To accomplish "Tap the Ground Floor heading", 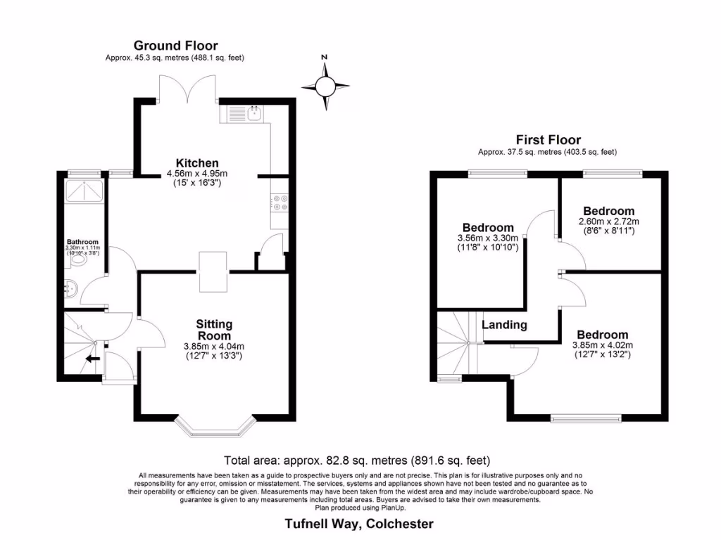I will (175, 46).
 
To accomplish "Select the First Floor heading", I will (548, 140).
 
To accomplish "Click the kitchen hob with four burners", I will (279, 202).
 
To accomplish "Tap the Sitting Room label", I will (214, 330).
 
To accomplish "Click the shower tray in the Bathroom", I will (82, 192).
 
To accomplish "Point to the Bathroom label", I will (83, 241).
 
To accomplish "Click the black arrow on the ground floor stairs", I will (92, 358).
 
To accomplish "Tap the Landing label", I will (504, 325).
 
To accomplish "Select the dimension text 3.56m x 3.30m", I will (488, 238).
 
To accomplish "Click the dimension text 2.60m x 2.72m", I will (609, 221).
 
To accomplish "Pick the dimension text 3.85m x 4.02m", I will (603, 345).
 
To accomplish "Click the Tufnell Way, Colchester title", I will (359, 523).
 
